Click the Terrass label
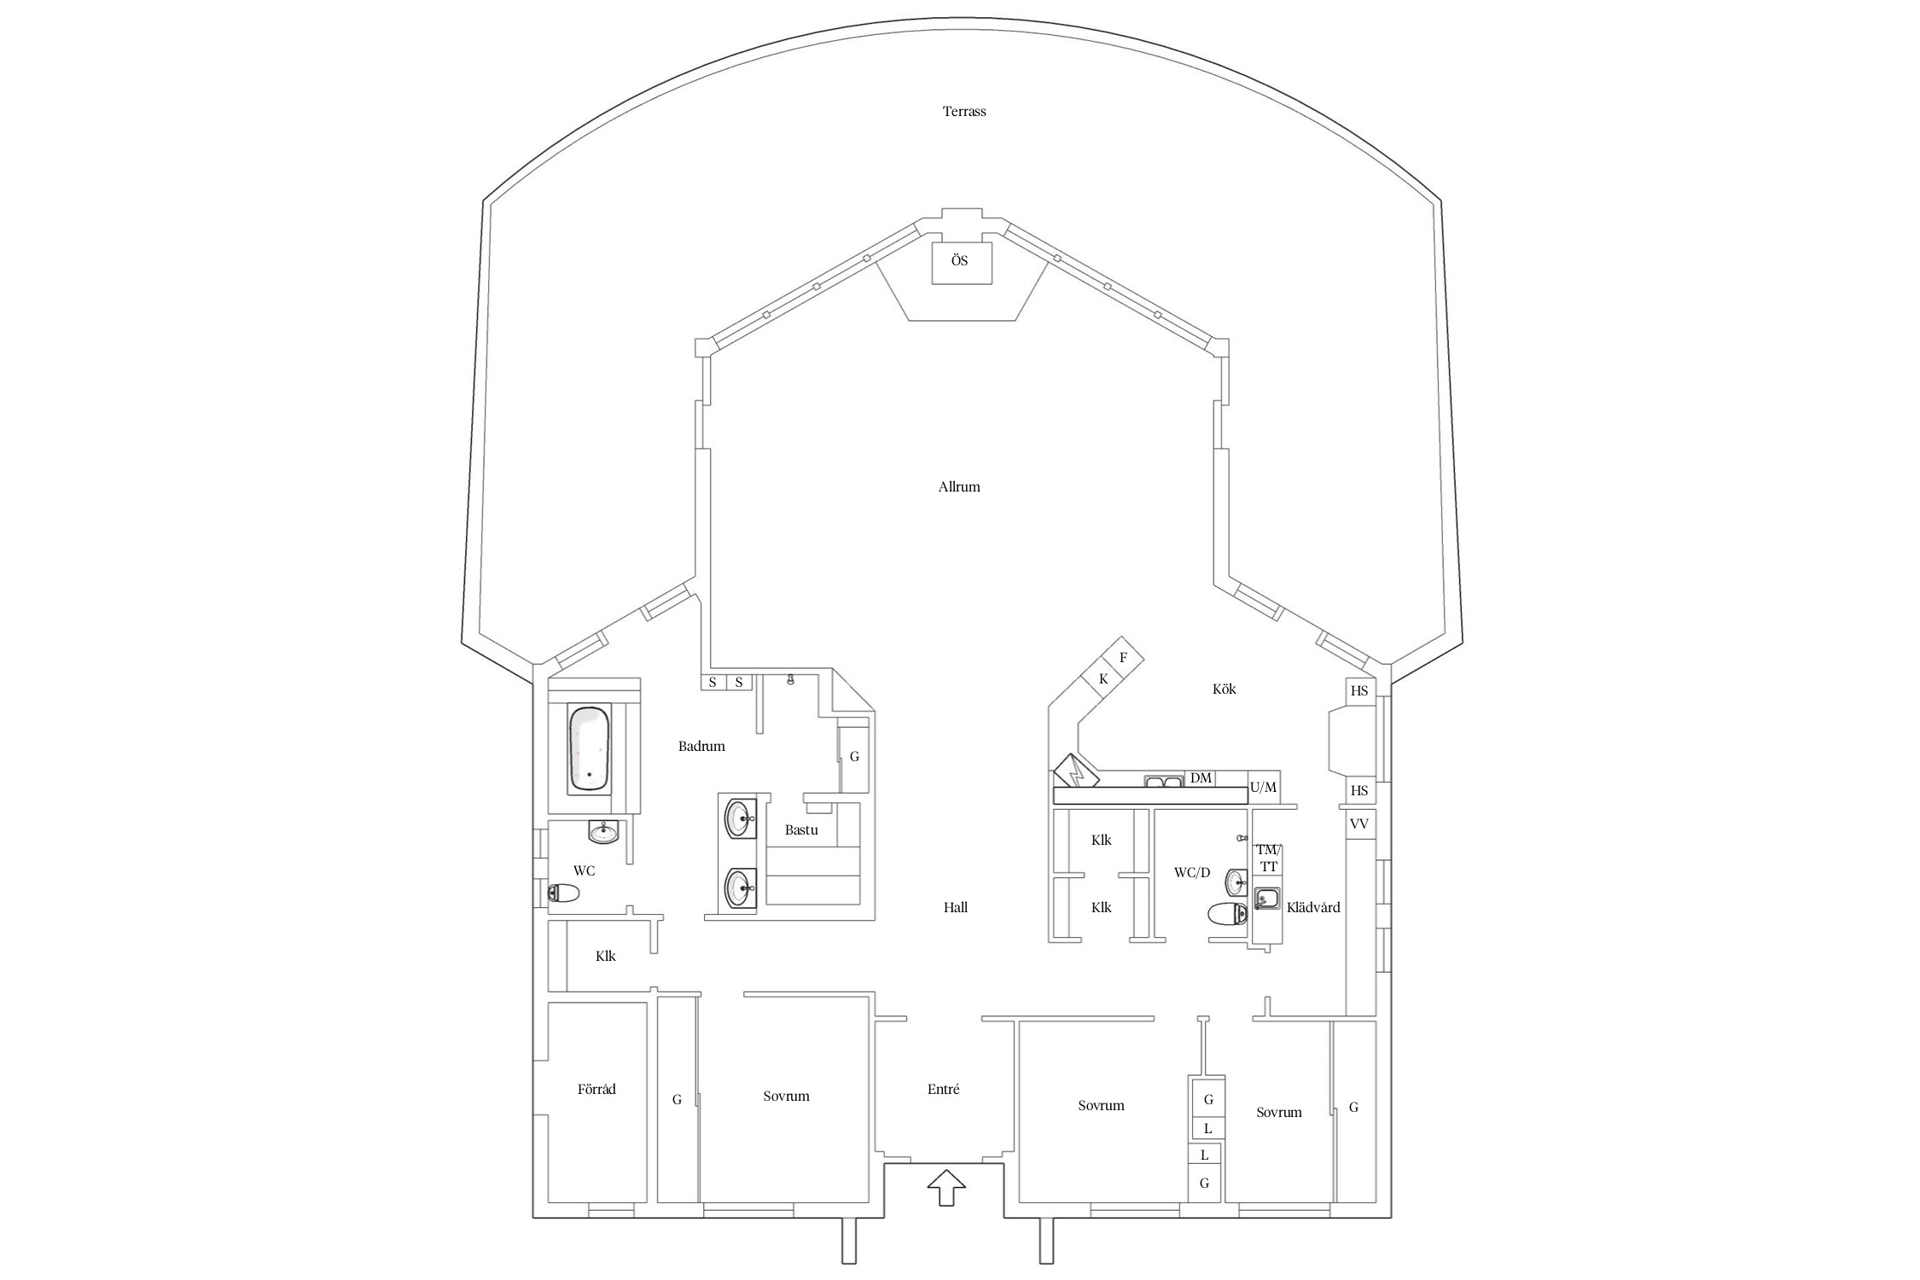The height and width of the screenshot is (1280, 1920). pyautogui.click(x=964, y=111)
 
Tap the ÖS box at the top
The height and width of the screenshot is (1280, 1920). pyautogui.click(x=960, y=261)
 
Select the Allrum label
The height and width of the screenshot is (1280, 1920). pyautogui.click(x=959, y=487)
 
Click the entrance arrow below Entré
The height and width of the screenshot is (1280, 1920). pyautogui.click(x=945, y=1187)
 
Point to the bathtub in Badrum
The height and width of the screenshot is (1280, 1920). pyautogui.click(x=590, y=748)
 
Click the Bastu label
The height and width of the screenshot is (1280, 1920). pyautogui.click(x=801, y=829)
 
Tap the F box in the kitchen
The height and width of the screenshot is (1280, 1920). pyautogui.click(x=1123, y=658)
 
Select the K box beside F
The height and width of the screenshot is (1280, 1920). pyautogui.click(x=1103, y=679)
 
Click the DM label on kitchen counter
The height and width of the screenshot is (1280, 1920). pyautogui.click(x=1201, y=777)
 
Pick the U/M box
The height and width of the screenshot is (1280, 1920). pyautogui.click(x=1263, y=787)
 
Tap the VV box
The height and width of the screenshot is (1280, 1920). pyautogui.click(x=1359, y=824)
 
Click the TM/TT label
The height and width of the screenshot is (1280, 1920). pyautogui.click(x=1269, y=858)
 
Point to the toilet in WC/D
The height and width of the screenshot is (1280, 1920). pyautogui.click(x=1229, y=914)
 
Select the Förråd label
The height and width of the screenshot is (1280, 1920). pyautogui.click(x=596, y=1090)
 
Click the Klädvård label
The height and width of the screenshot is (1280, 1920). pyautogui.click(x=1313, y=907)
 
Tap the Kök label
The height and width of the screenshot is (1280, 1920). pyautogui.click(x=1224, y=689)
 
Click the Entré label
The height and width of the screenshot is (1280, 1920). pyautogui.click(x=943, y=1090)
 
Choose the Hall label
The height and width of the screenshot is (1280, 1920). pyautogui.click(x=956, y=908)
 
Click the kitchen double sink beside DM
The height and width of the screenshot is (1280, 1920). pyautogui.click(x=1163, y=780)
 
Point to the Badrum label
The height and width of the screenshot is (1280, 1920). pyautogui.click(x=701, y=746)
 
